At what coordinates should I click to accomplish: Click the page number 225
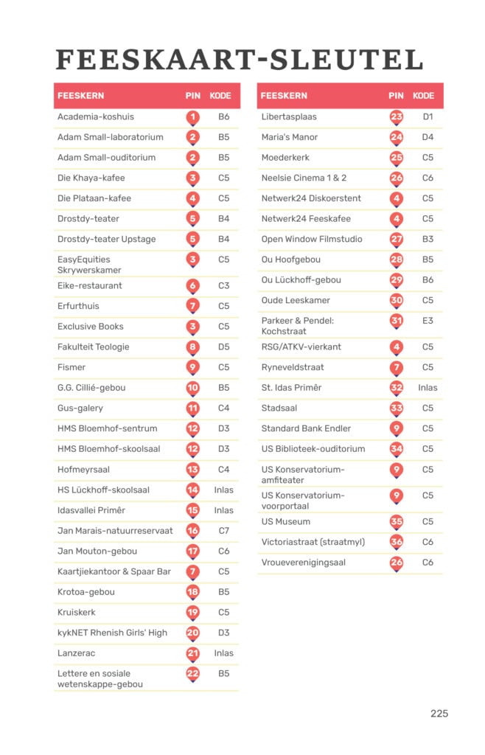tap(439, 713)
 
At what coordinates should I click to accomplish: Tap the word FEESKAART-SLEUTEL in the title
tap(240, 59)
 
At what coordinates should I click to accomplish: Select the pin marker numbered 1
tap(192, 116)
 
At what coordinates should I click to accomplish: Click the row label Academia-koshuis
tap(96, 116)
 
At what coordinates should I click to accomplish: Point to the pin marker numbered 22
tap(192, 673)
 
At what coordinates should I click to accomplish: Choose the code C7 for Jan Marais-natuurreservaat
tap(223, 530)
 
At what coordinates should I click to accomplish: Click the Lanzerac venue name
tap(76, 653)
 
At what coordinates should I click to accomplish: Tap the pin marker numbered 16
tap(192, 530)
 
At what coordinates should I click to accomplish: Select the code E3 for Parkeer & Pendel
tap(428, 321)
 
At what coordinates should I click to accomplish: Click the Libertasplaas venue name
tap(289, 116)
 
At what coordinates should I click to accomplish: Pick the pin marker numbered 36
tap(397, 542)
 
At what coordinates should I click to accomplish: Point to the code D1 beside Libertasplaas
tap(428, 116)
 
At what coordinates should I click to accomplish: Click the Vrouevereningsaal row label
tap(303, 563)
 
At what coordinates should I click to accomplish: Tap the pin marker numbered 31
tap(397, 321)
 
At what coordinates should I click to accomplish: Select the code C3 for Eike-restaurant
tap(223, 285)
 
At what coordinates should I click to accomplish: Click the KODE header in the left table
tap(220, 96)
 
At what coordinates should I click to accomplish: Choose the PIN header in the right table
tap(396, 96)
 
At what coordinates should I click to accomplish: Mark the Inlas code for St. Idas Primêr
tap(428, 387)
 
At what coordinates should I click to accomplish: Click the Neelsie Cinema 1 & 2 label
tap(304, 178)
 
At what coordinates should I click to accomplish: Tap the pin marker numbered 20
tap(192, 633)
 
